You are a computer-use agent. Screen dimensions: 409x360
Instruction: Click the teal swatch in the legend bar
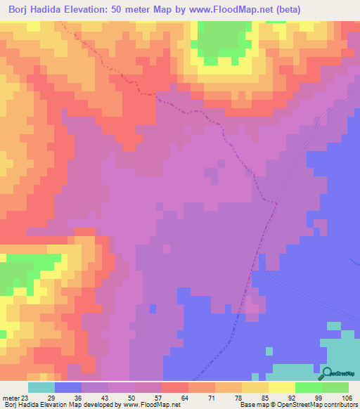click(x=41, y=387)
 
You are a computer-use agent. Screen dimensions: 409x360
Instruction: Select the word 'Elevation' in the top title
click(x=90, y=9)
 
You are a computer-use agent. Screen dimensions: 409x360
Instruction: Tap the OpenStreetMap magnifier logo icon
click(x=328, y=373)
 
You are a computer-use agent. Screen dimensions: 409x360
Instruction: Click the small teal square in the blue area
click(x=269, y=351)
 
